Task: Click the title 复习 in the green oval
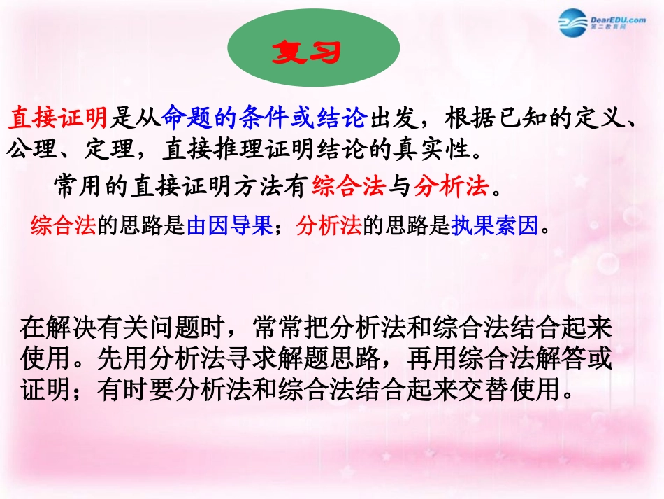pyautogui.click(x=314, y=53)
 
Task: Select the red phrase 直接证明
pyautogui.click(x=57, y=119)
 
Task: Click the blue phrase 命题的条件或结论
pyautogui.click(x=264, y=119)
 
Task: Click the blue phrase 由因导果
pyautogui.click(x=229, y=226)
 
